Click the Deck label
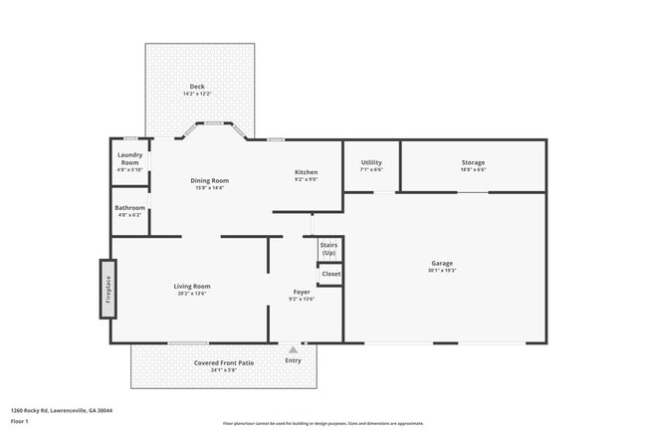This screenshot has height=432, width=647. [x=196, y=87]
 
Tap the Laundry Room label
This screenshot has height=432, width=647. [x=130, y=154]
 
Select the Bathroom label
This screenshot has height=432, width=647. [x=130, y=208]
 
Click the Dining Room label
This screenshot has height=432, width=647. [x=209, y=180]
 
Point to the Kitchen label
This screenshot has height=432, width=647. [x=306, y=172]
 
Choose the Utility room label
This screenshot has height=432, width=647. [x=371, y=162]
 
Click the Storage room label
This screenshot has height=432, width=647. [x=473, y=162]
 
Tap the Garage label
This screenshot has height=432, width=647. [x=442, y=263]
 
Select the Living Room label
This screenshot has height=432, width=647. [x=193, y=286]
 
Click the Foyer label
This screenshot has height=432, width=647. [x=301, y=292]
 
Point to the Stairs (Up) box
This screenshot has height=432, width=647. [x=329, y=249]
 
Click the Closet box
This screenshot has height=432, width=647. [x=330, y=274]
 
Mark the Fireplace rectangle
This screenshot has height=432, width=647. [x=108, y=289]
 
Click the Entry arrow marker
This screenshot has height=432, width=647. [x=293, y=350]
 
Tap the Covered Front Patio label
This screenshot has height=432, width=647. [x=224, y=363]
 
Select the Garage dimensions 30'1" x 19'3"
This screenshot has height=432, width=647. [x=442, y=270]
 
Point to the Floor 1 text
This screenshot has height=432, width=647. [x=20, y=421]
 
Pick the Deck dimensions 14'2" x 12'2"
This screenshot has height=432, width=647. [x=196, y=94]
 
